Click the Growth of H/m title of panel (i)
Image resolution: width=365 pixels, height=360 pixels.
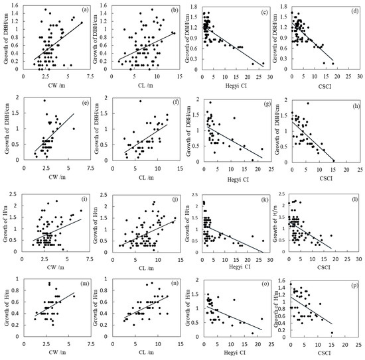(6, 222)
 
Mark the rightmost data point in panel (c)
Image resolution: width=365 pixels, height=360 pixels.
(263, 64)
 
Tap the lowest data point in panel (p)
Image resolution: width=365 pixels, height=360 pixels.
(332, 333)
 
